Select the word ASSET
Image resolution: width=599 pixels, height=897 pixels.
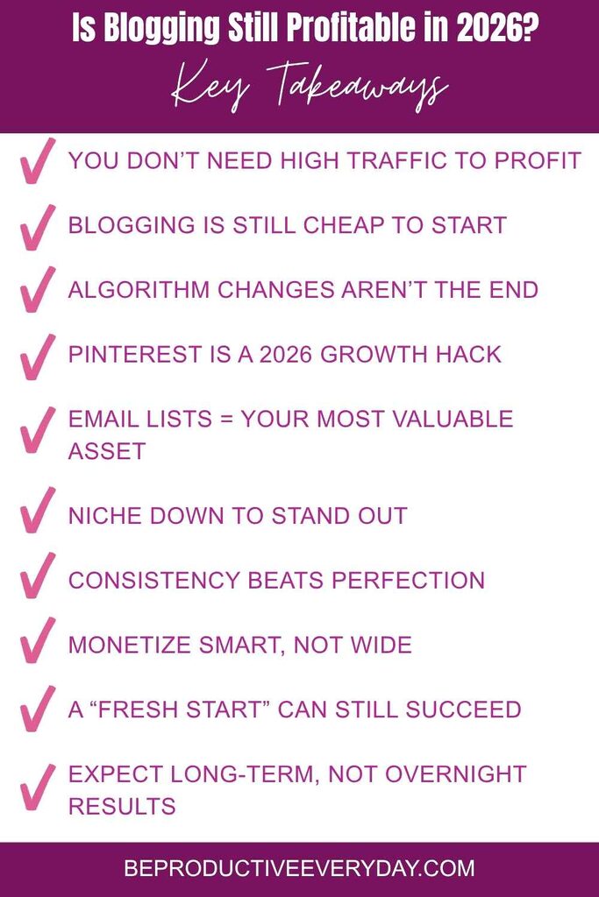(107, 451)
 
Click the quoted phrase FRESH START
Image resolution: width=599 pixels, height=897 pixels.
(179, 710)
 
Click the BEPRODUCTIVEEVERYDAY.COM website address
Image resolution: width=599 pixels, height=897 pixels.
(300, 869)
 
